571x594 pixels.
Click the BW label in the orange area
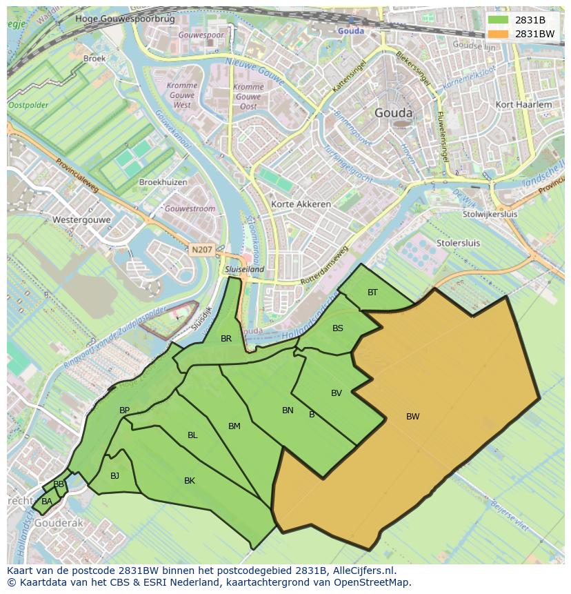[x=412, y=416]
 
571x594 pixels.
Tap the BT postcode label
[x=372, y=293]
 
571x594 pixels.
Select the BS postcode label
[x=338, y=328]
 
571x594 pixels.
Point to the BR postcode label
[x=226, y=339]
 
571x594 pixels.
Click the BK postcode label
[x=190, y=481]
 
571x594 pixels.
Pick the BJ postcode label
[x=114, y=475]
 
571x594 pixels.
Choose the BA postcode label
[x=47, y=502]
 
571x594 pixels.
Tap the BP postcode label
[x=124, y=410]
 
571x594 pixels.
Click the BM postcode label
[x=234, y=426]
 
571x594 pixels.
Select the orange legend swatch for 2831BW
[x=497, y=34]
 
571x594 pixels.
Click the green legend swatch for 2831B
[x=497, y=20]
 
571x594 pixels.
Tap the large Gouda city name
[x=393, y=113]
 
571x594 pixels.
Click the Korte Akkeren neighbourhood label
[x=301, y=204]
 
